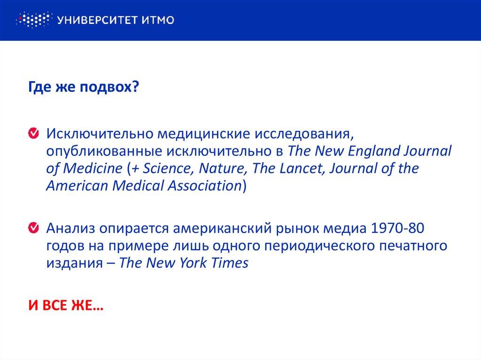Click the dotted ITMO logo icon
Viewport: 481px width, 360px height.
click(x=32, y=20)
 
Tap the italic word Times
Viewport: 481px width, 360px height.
click(x=229, y=262)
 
